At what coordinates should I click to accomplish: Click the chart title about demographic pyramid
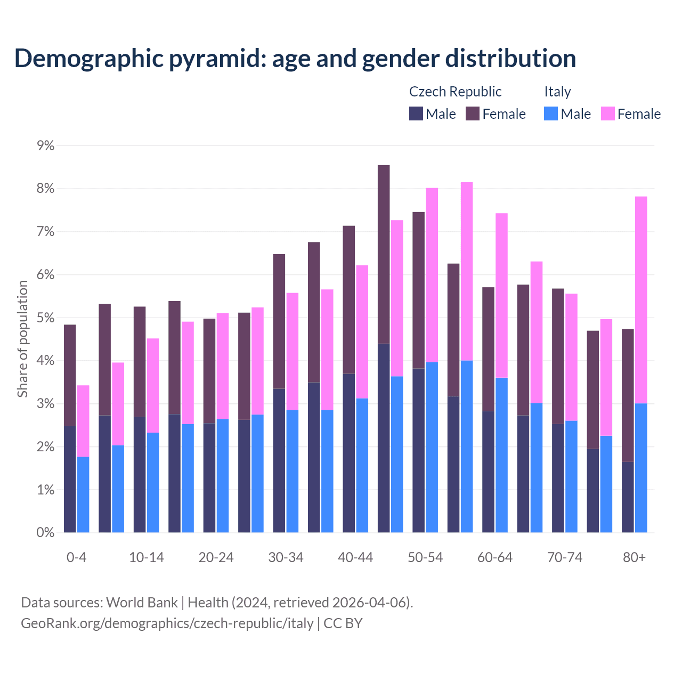[x=295, y=59]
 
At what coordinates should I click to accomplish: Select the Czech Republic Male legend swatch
[x=416, y=114]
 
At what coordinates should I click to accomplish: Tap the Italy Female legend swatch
[x=607, y=114]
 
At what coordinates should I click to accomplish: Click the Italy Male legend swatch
[x=551, y=114]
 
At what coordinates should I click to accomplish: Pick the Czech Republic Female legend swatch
[x=473, y=114]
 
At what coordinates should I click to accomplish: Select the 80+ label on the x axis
[x=634, y=558]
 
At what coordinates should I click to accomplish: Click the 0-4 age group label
[x=76, y=558]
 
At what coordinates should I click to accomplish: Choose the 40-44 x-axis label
[x=355, y=558]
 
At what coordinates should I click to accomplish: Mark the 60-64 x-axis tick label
[x=495, y=558]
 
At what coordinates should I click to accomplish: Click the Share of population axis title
[x=23, y=339]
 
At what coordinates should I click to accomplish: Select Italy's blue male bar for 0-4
[x=83, y=494]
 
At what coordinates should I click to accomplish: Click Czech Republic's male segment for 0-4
[x=70, y=479]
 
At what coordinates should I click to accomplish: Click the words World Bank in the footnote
[x=142, y=603]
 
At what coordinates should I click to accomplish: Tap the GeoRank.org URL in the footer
[x=167, y=623]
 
